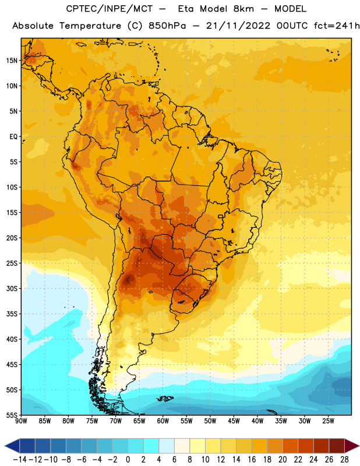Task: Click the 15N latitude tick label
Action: (12, 61)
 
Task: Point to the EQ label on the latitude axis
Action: (13, 137)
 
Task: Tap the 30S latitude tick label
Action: (12, 288)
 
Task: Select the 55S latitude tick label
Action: (12, 415)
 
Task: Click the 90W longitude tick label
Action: (21, 421)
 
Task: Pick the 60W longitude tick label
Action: (163, 421)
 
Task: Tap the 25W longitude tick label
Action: (328, 421)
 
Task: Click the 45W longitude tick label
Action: (234, 421)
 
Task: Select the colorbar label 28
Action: (344, 460)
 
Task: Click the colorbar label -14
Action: (20, 460)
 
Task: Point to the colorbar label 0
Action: (128, 460)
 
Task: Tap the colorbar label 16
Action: (252, 460)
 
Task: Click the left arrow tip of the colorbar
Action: (5, 446)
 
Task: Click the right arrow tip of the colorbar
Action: (359, 446)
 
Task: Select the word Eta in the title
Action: (185, 9)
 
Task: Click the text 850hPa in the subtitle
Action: (167, 26)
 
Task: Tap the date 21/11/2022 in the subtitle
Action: (238, 26)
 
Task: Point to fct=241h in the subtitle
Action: (337, 26)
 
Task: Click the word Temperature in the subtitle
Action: (90, 26)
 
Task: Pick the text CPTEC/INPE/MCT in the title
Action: (109, 9)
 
